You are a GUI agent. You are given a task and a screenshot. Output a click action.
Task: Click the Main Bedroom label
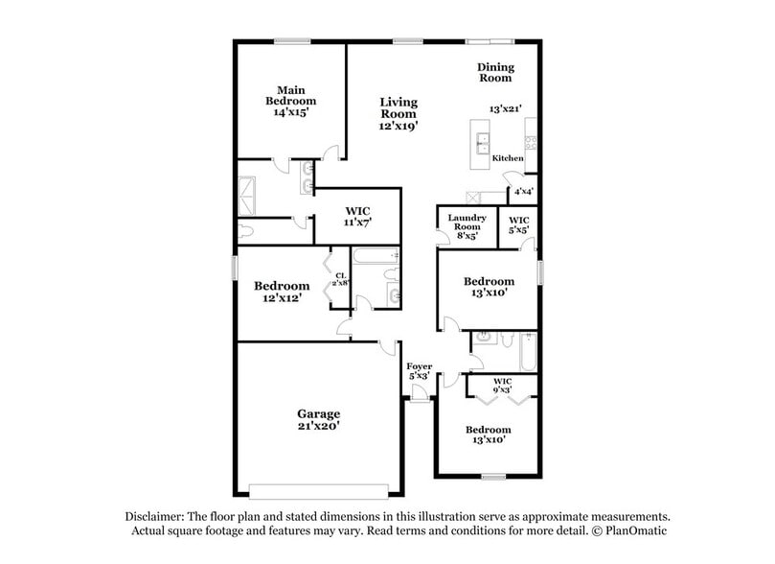click(x=291, y=100)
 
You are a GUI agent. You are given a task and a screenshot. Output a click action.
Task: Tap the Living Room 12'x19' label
click(x=398, y=113)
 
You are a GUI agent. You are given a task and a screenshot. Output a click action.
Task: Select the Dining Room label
click(x=496, y=73)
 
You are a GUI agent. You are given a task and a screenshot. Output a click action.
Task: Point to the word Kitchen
click(x=508, y=158)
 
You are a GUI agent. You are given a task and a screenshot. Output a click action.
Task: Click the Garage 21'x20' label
click(x=318, y=419)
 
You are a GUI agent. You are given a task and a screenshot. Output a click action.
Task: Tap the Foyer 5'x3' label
click(x=419, y=371)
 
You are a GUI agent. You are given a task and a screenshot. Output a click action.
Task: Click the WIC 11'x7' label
click(x=356, y=217)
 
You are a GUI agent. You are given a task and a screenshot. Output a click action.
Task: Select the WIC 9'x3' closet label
click(x=502, y=386)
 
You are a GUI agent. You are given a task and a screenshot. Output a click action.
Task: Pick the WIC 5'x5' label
click(x=518, y=224)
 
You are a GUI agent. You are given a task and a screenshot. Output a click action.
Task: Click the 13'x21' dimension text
click(x=504, y=109)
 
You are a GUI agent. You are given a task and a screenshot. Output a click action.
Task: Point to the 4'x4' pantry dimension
click(x=523, y=191)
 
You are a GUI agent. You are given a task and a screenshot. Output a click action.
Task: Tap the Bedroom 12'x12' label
click(x=282, y=292)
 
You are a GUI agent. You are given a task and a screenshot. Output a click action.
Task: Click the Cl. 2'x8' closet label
click(x=340, y=281)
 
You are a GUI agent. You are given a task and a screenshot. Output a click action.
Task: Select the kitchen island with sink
click(x=478, y=140)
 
